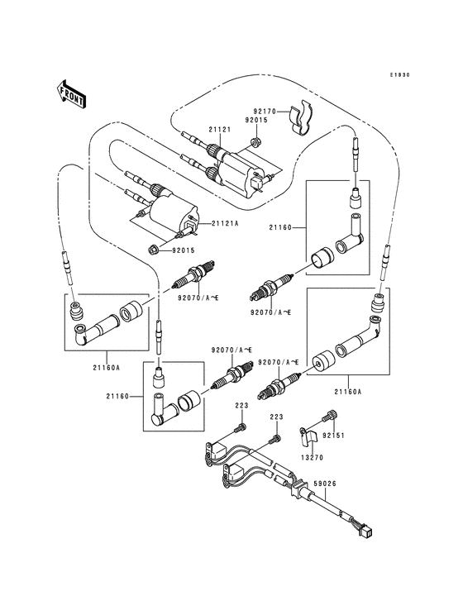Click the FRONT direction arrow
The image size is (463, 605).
point(73,93)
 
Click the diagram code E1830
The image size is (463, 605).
point(400,75)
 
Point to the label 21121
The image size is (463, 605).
point(218,130)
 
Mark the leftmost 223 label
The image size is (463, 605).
point(241,406)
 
